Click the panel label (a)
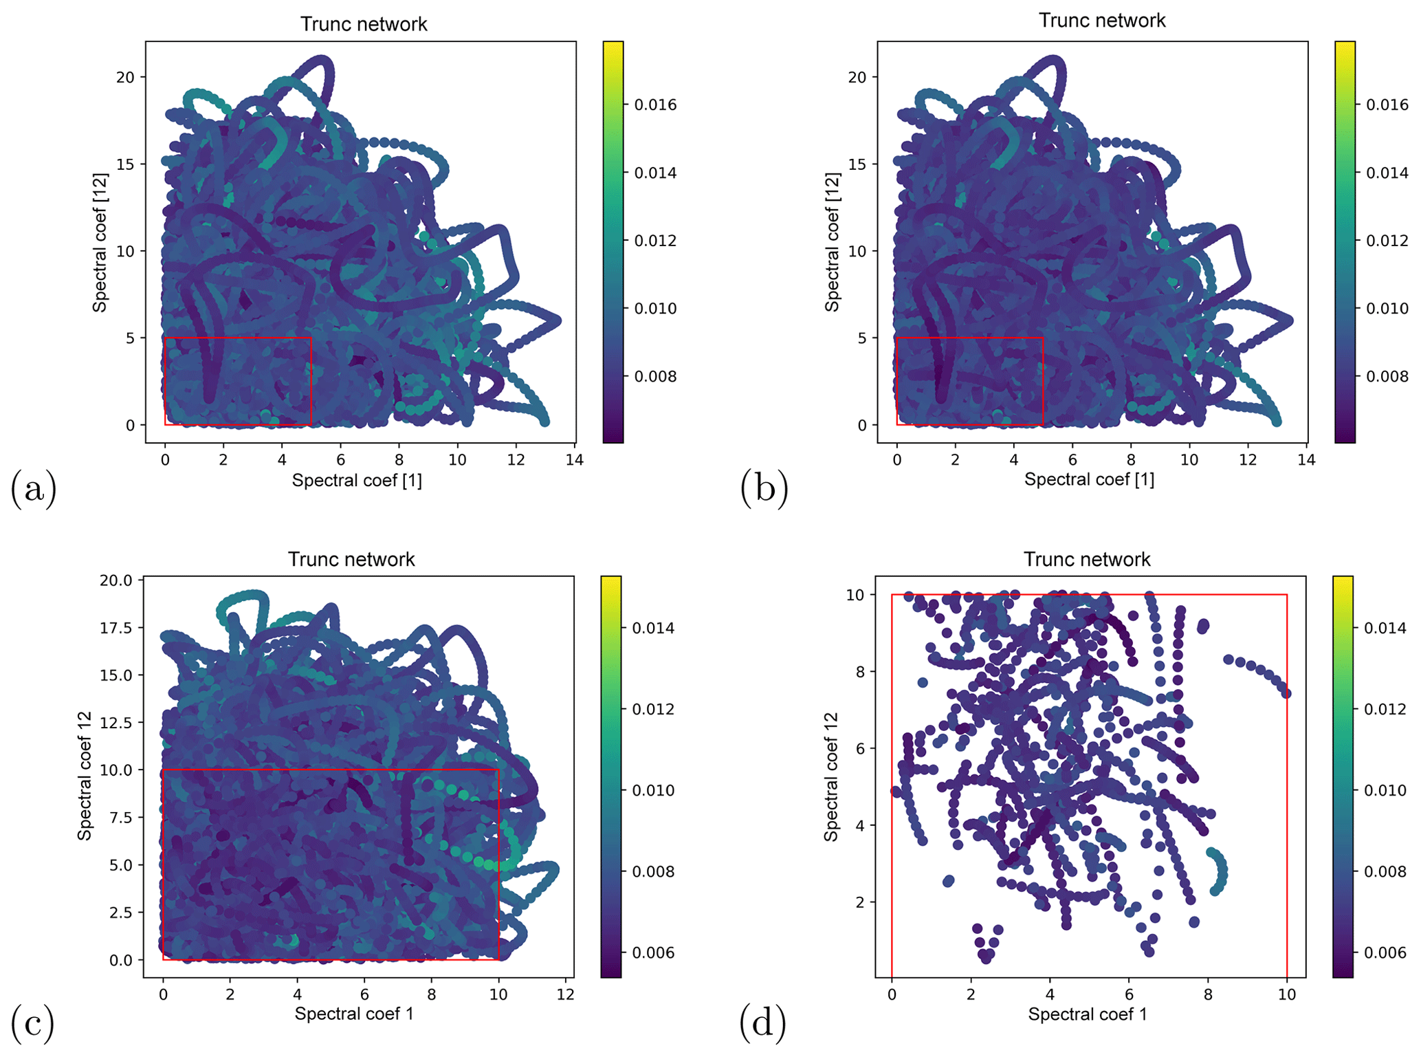tap(33, 490)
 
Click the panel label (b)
tap(764, 490)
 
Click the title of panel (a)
tap(364, 24)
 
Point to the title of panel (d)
tap(1087, 559)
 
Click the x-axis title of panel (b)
tap(1089, 479)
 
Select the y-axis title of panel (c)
tap(85, 776)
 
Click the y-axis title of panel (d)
tap(831, 776)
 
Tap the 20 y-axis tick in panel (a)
tap(125, 77)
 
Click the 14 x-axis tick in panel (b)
tap(1306, 459)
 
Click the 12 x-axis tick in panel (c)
tap(565, 994)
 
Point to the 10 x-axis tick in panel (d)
tap(1287, 994)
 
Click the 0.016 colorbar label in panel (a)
tap(655, 105)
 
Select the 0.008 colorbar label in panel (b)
tap(1387, 376)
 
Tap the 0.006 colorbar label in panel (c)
tap(653, 952)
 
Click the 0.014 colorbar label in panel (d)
tap(1385, 628)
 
